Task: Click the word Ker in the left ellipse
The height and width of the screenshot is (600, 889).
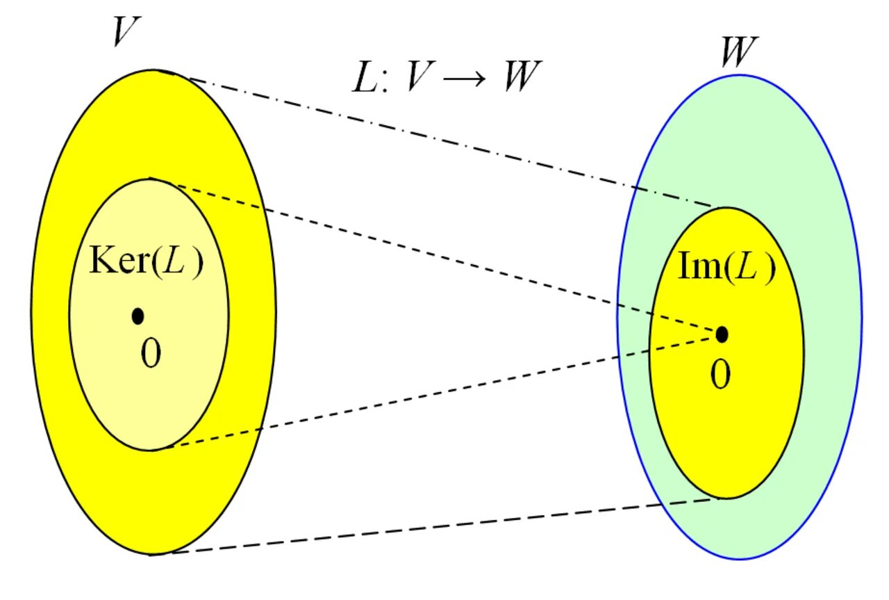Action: click(114, 261)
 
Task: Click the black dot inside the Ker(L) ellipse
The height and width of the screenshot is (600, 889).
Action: click(138, 316)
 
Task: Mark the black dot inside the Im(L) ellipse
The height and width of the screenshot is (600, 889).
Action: click(722, 334)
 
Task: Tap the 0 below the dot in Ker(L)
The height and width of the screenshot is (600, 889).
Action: click(150, 355)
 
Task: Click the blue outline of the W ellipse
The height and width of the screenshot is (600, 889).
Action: click(861, 316)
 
